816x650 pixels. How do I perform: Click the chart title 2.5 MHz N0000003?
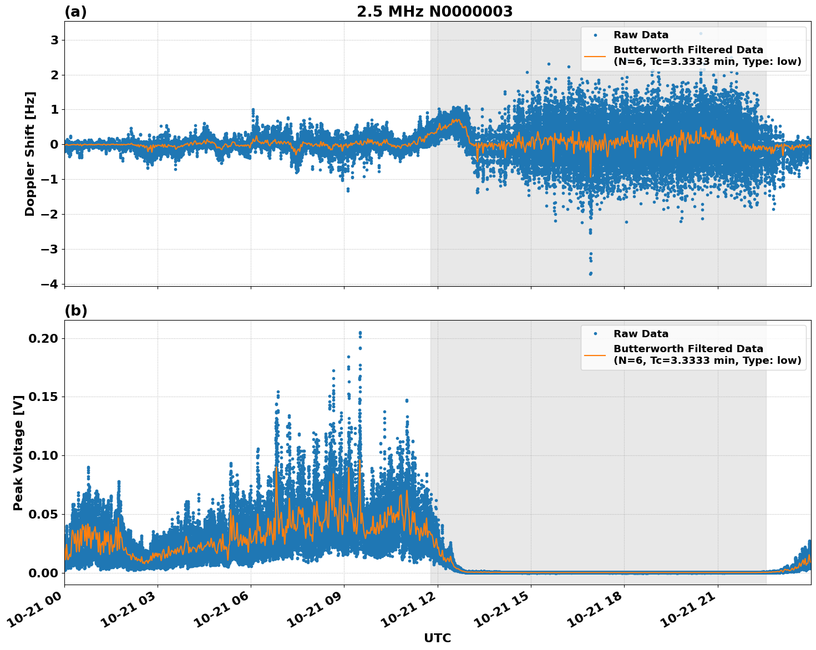click(x=434, y=12)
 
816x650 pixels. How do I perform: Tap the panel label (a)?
click(x=75, y=12)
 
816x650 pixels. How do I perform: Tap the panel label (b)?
click(x=75, y=311)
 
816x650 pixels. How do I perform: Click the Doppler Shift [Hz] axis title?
click(x=30, y=154)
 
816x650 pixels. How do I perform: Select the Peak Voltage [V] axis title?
click(x=18, y=453)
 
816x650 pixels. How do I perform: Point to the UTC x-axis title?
click(x=437, y=638)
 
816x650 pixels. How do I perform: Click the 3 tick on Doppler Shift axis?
click(x=55, y=40)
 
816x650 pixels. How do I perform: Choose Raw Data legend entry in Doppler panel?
click(x=641, y=35)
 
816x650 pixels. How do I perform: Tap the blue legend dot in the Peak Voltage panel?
click(x=595, y=334)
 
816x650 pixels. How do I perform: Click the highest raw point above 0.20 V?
click(x=360, y=333)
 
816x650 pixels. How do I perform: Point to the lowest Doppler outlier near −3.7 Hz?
click(x=590, y=274)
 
